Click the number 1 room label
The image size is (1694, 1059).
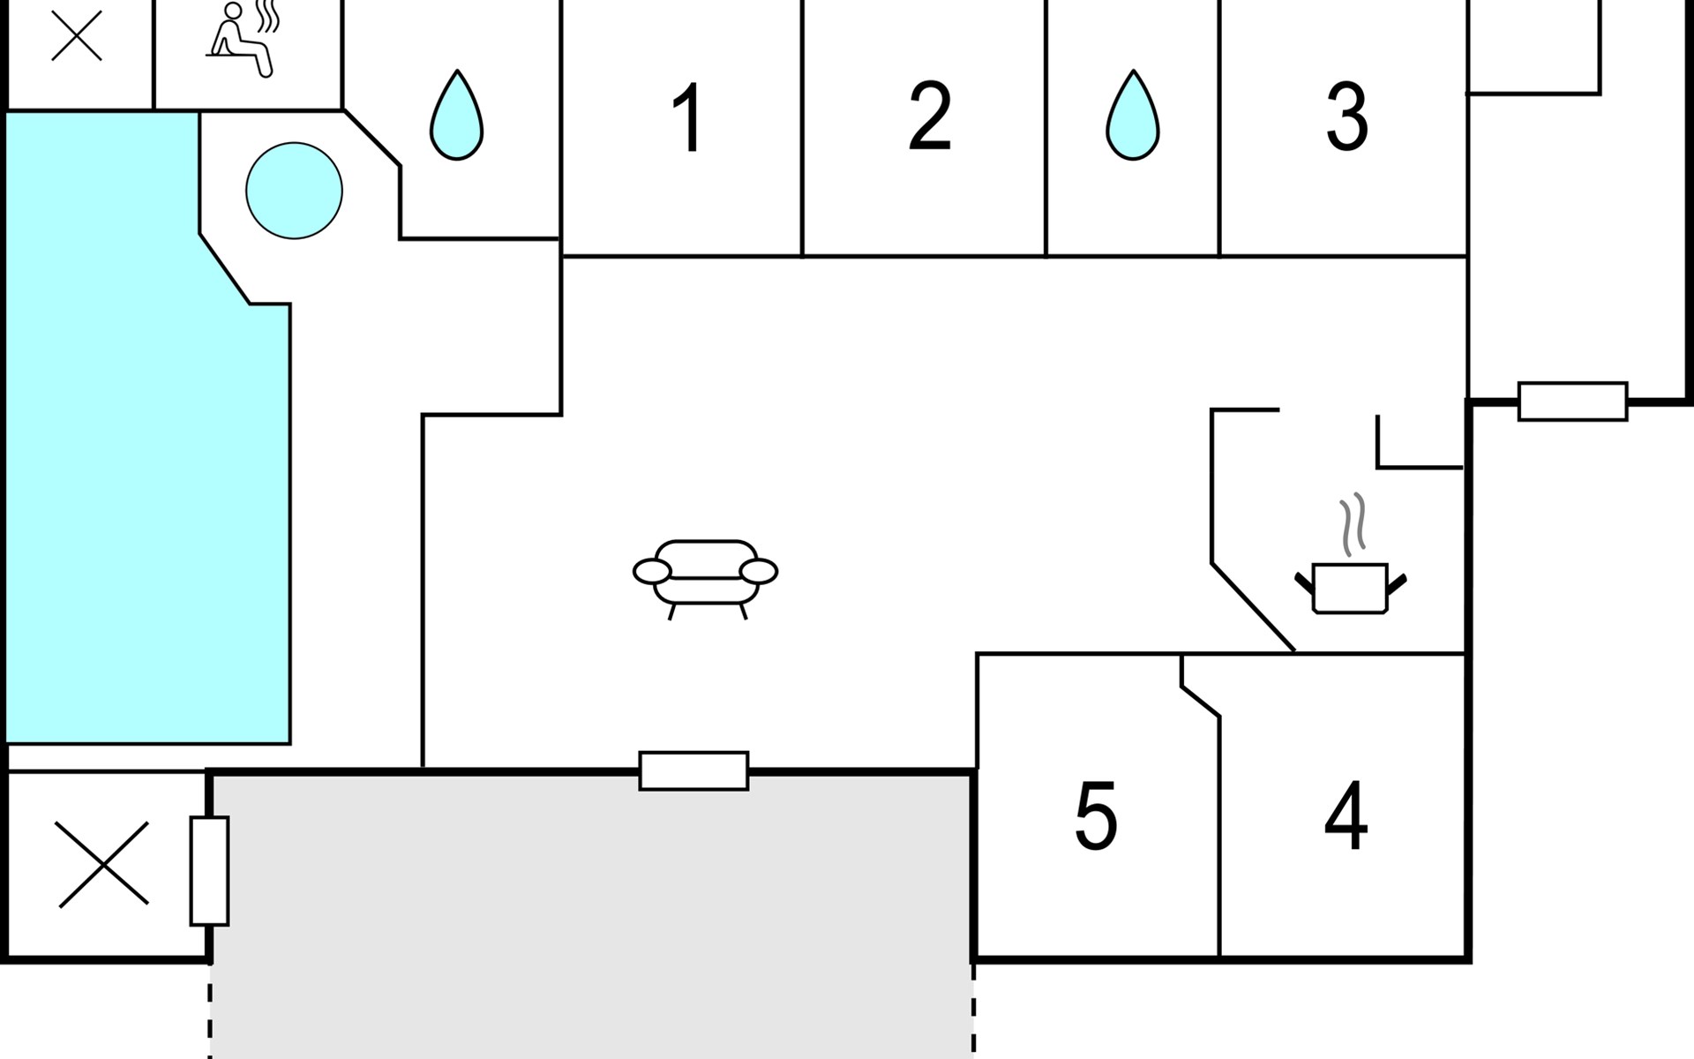687,117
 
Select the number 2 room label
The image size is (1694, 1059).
929,116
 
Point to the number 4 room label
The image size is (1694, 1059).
1345,815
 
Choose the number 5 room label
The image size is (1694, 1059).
1096,815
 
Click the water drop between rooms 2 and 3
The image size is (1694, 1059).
1133,116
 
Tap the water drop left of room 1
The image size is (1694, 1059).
456,116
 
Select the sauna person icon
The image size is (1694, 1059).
240,40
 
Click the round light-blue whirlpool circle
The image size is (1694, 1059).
294,191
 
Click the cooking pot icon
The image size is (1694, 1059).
1350,587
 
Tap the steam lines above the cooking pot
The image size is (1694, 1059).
1353,524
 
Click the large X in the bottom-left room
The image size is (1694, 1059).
103,864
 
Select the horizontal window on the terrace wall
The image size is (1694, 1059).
693,771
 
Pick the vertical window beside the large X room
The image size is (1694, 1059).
209,871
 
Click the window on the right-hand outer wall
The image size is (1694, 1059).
1572,402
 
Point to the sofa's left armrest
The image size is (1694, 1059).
652,572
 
